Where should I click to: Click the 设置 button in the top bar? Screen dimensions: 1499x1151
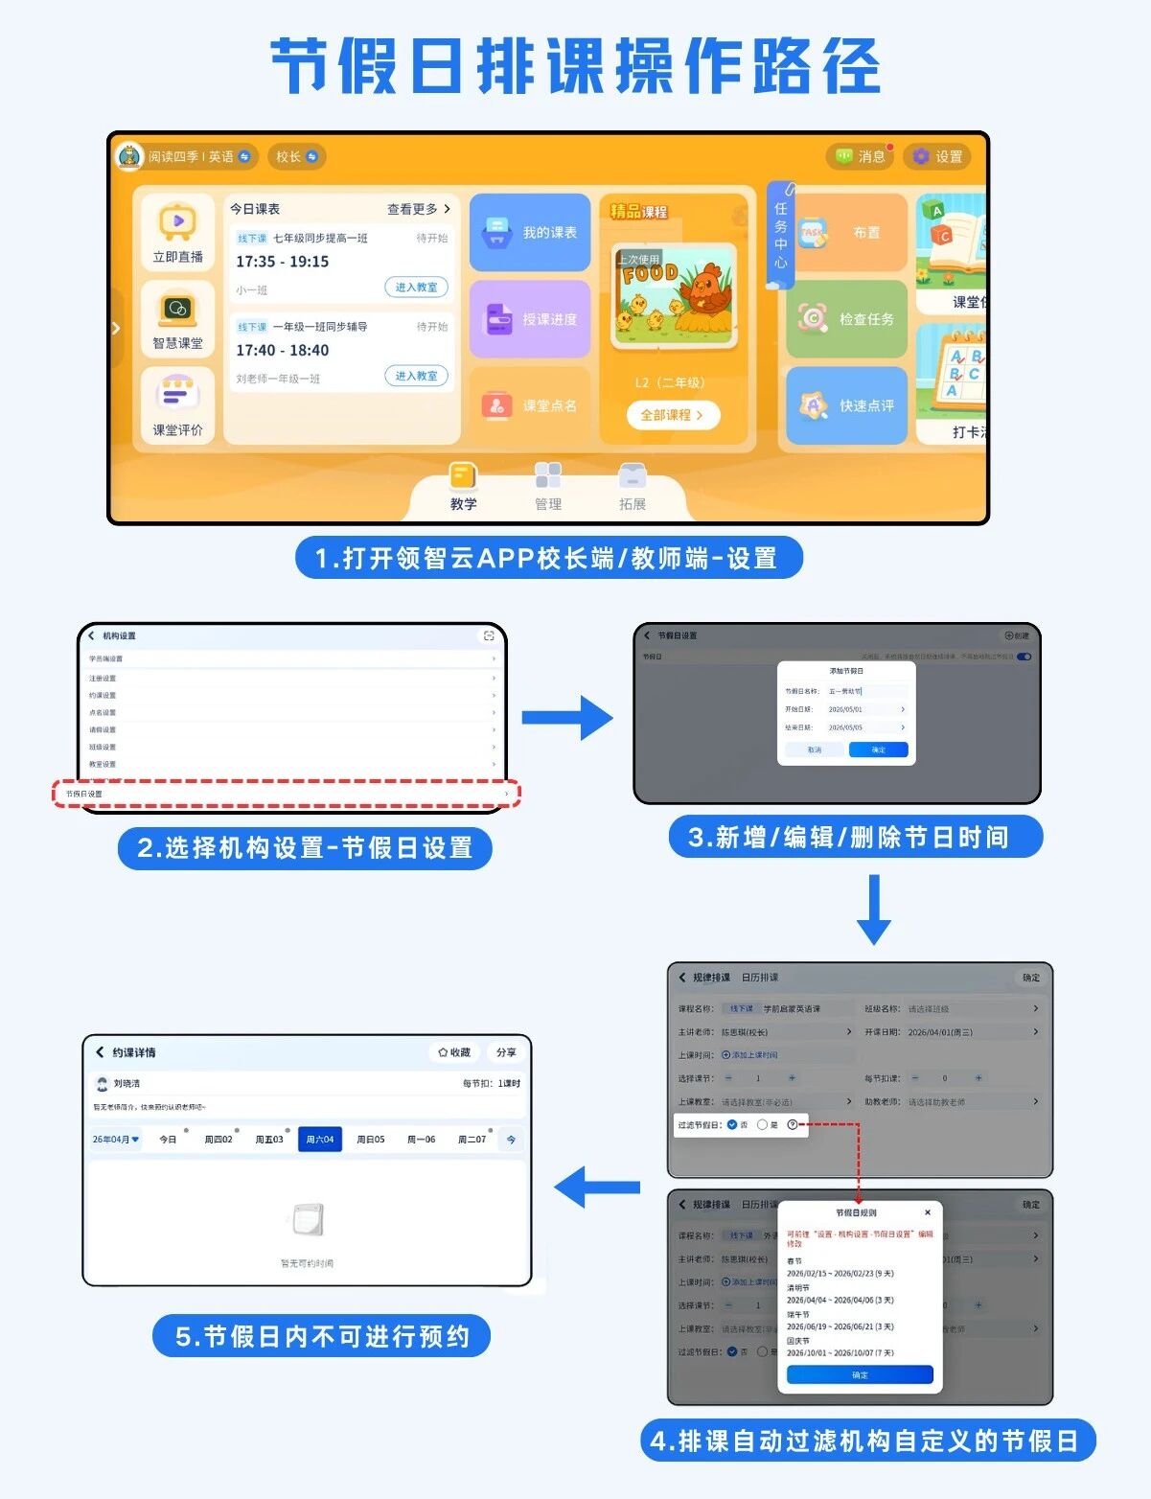[x=938, y=156]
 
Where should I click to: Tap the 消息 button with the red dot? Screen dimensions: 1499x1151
[x=860, y=156]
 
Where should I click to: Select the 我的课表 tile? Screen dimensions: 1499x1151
[x=530, y=233]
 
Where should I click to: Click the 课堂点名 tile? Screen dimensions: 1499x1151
[x=530, y=405]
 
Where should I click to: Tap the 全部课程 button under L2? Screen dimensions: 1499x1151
[x=672, y=415]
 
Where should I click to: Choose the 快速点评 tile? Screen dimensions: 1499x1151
[x=847, y=405]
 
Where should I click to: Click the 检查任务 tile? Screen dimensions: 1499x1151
[x=847, y=319]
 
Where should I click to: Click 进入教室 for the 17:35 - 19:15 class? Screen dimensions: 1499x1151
[x=416, y=287]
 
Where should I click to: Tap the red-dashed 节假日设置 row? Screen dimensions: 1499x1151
[x=287, y=794]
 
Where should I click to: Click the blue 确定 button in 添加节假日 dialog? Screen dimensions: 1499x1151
[x=878, y=749]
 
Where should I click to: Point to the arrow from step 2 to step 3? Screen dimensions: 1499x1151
[x=567, y=717]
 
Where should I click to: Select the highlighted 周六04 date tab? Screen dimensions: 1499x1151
[x=320, y=1139]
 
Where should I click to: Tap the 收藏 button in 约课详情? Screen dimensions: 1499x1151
[x=454, y=1052]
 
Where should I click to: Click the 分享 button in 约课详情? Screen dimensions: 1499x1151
[x=506, y=1052]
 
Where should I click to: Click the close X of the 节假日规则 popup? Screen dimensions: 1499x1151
[x=927, y=1212]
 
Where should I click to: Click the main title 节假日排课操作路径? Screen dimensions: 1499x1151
[x=575, y=67]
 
